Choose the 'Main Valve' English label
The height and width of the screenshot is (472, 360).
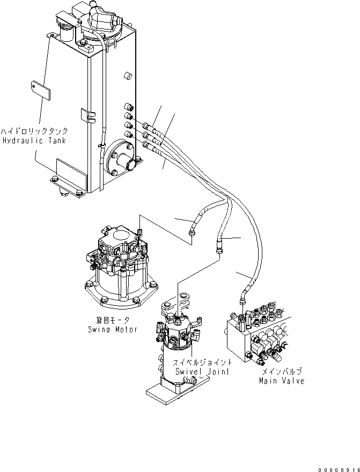281,380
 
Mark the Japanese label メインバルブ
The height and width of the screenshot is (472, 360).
282,371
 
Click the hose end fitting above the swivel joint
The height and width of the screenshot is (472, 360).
220,248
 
